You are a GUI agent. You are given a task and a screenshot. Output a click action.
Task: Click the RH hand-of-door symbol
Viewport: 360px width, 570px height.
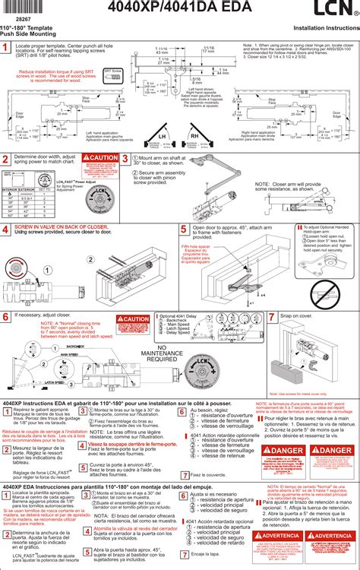point(194,136)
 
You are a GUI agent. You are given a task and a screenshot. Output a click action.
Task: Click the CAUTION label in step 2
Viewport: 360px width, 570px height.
point(102,157)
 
